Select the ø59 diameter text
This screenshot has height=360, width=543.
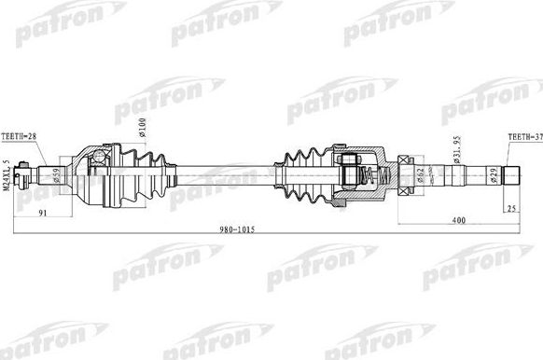(x=57, y=173)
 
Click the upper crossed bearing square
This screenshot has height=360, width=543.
(x=406, y=160)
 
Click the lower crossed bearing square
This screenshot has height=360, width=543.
(x=406, y=187)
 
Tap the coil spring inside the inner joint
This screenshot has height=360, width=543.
(x=367, y=174)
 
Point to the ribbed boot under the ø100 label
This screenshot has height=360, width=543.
(x=146, y=174)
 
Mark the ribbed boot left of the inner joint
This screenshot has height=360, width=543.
(x=298, y=174)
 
